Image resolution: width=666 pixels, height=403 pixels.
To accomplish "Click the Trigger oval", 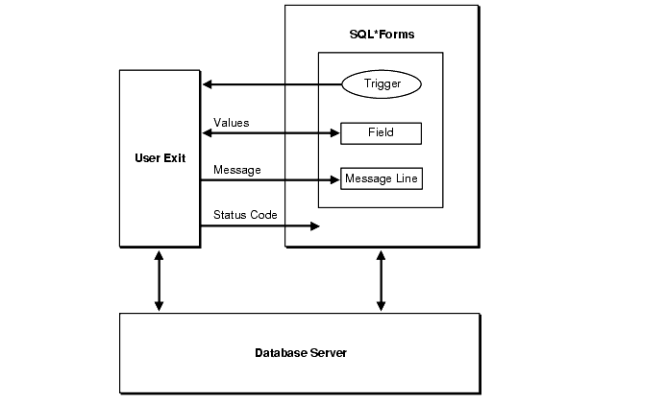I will click(x=382, y=84).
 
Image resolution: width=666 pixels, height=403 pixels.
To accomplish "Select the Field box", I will click(x=381, y=132).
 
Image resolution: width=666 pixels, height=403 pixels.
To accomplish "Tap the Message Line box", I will click(x=381, y=179).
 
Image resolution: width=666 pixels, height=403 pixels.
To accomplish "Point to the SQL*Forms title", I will click(x=382, y=35).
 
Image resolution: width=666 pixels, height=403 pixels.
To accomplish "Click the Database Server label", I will click(x=301, y=352).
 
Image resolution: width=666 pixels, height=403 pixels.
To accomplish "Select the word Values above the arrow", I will click(x=231, y=123).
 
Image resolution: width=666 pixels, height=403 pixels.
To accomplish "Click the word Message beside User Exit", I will click(x=236, y=170).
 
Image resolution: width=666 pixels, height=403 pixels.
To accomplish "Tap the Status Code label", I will click(x=245, y=215).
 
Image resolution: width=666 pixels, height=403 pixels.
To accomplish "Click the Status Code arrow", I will click(x=259, y=226).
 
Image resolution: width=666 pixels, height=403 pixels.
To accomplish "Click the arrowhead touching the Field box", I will click(x=334, y=132).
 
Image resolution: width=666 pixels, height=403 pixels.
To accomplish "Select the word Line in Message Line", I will click(x=405, y=179).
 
